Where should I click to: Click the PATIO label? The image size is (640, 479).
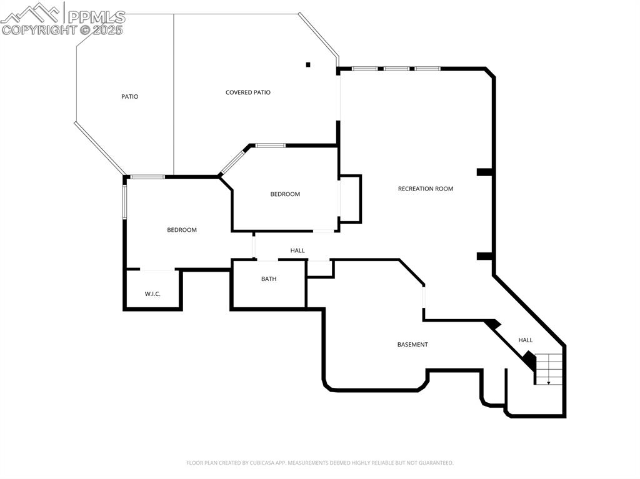(129, 97)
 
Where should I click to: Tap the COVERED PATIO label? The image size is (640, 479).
(248, 92)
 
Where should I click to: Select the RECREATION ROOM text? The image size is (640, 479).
(426, 189)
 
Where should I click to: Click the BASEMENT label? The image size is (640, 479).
(412, 345)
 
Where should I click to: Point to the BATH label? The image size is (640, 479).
(269, 279)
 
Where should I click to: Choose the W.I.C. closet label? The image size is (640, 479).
(152, 294)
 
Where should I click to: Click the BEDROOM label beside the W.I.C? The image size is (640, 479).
(182, 230)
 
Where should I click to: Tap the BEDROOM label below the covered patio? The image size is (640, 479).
(285, 194)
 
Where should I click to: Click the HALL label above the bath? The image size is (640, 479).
(297, 250)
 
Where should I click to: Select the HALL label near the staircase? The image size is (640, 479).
(526, 340)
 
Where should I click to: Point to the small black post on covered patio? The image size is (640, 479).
(307, 64)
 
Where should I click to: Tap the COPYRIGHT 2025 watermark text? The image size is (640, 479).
(62, 29)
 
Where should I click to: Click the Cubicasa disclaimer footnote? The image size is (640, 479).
(320, 463)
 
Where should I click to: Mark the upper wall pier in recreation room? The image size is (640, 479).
(485, 172)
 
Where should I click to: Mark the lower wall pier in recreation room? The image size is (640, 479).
(485, 256)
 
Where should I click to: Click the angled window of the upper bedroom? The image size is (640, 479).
(234, 160)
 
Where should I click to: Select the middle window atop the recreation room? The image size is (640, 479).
(396, 69)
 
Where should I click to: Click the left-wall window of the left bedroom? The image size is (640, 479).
(125, 200)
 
